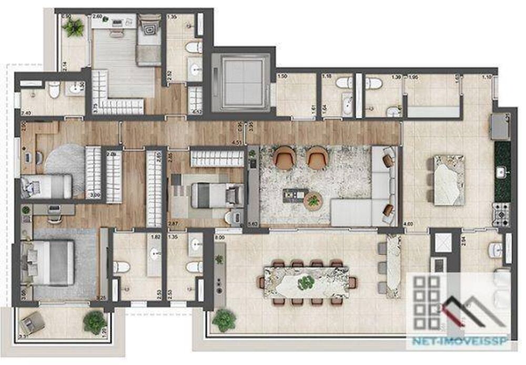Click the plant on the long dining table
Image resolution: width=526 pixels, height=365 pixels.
pyautogui.click(x=305, y=283)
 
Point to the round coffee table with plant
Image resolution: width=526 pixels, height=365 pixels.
pyautogui.click(x=314, y=201)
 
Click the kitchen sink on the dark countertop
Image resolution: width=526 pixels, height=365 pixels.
pyautogui.click(x=501, y=171)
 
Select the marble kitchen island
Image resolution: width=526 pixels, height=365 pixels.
pyautogui.click(x=449, y=179)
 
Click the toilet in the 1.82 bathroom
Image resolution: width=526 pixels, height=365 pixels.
pyautogui.click(x=122, y=267)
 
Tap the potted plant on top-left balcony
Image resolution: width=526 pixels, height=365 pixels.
pyautogui.click(x=74, y=27)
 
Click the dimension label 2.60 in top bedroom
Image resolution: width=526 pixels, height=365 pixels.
pyautogui.click(x=97, y=17)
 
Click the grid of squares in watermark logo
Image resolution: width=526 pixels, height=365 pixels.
pyautogui.click(x=427, y=301)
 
